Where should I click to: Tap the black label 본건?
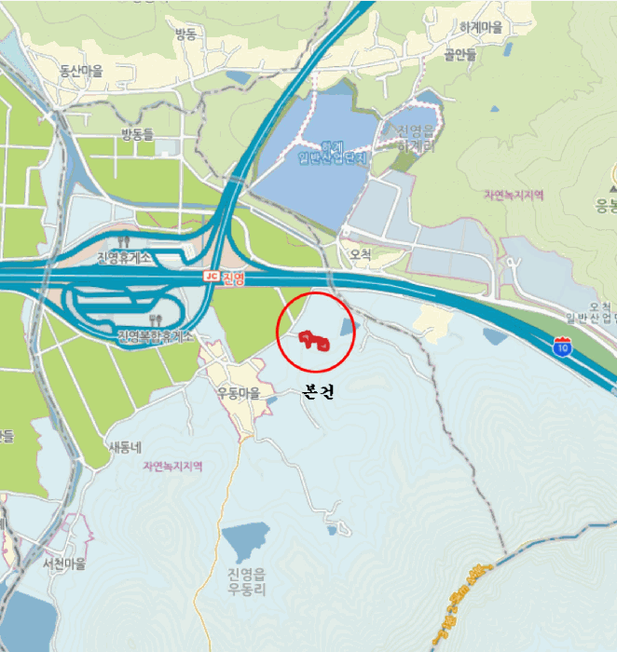[x=318, y=393]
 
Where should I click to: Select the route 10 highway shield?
[x=561, y=348]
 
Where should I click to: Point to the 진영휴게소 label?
[x=124, y=257]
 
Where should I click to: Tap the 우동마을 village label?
[x=237, y=393]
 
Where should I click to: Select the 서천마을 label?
[x=63, y=564]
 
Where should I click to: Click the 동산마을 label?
[x=81, y=70]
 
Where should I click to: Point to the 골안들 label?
[x=459, y=54]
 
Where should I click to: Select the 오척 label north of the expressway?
[x=361, y=253]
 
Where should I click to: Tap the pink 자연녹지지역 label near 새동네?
[x=172, y=466]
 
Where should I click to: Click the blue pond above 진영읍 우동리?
[x=246, y=541]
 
